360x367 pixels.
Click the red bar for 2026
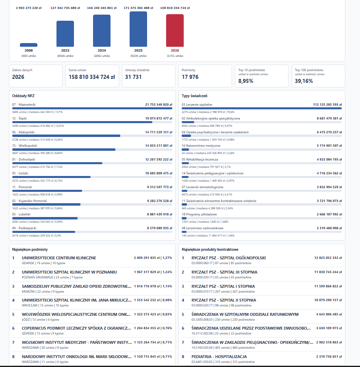click(175, 30)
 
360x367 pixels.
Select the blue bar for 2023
click(65, 34)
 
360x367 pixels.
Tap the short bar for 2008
click(28, 45)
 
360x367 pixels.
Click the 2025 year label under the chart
click(138, 50)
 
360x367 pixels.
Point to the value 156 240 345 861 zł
click(102, 8)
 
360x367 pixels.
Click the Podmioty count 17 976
click(190, 77)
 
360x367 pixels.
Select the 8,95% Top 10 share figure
click(246, 81)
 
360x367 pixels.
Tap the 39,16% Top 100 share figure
click(304, 81)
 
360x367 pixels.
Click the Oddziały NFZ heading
click(24, 96)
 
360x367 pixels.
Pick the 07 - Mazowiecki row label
click(24, 104)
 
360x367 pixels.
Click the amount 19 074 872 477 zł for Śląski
click(159, 118)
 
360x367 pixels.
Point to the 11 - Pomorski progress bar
click(92, 191)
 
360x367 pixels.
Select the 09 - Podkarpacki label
click(24, 228)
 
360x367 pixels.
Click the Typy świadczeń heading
click(195, 96)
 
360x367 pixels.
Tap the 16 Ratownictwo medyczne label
click(201, 145)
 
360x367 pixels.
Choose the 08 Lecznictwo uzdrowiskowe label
click(203, 228)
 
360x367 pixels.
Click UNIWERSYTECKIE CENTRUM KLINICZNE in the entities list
click(59, 258)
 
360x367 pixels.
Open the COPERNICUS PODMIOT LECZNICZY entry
click(76, 328)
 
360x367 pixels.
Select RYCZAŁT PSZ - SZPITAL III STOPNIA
click(224, 272)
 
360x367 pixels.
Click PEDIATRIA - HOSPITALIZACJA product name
click(219, 357)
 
